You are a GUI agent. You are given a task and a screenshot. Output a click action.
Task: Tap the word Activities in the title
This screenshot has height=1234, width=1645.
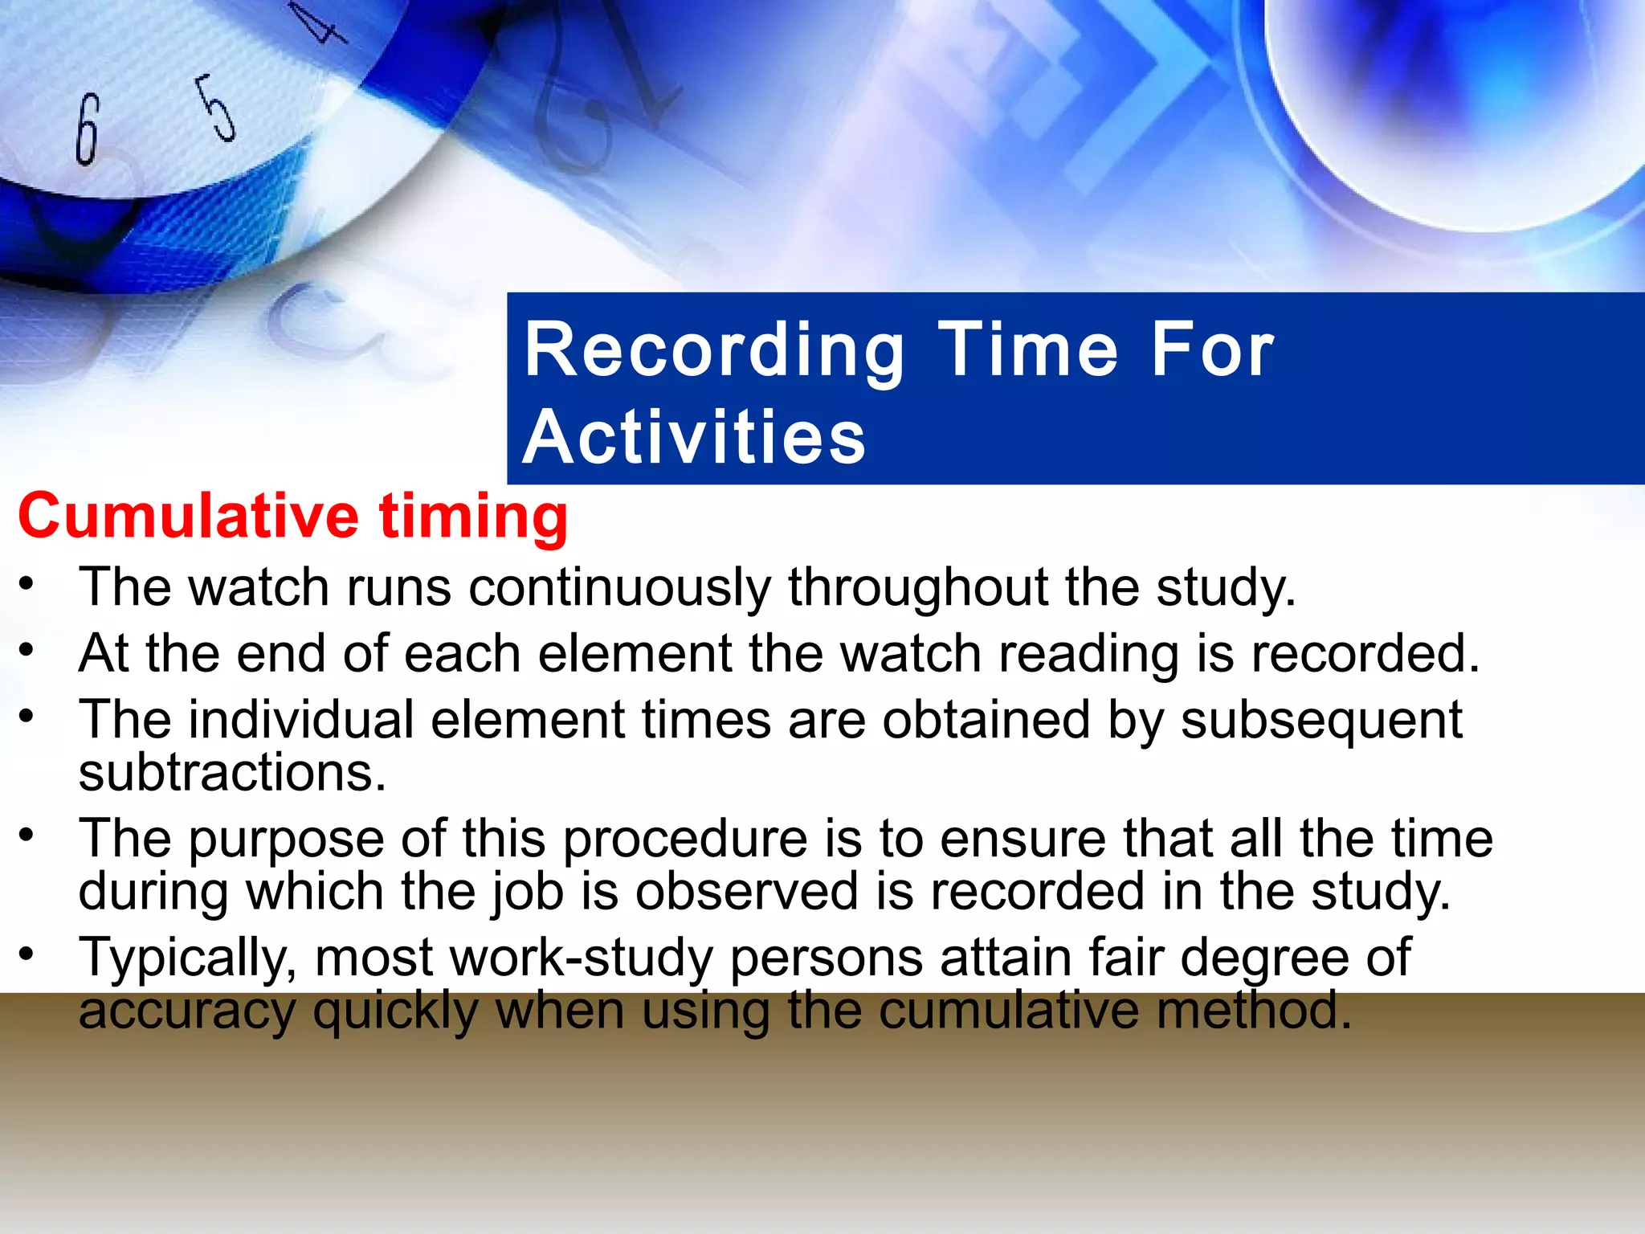pyautogui.click(x=695, y=438)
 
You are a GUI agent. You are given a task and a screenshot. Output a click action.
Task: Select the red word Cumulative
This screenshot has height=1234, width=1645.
pyautogui.click(x=188, y=515)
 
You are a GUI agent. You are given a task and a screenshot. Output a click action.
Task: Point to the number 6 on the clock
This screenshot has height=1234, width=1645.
pyautogui.click(x=88, y=129)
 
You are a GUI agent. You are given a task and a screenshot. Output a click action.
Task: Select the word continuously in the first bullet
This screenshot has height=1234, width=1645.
pyautogui.click(x=619, y=588)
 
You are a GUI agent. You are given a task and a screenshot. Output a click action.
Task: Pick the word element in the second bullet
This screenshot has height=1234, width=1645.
pyautogui.click(x=635, y=652)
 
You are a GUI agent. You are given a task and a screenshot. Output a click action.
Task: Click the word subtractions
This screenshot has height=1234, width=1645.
pyautogui.click(x=233, y=773)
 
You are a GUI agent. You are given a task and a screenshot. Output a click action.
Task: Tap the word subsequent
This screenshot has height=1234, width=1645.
pyautogui.click(x=1321, y=721)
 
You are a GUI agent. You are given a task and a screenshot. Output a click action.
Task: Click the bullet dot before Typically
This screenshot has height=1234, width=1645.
pyautogui.click(x=27, y=954)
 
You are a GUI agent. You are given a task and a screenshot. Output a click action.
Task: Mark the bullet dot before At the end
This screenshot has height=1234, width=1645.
pyautogui.click(x=27, y=649)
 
